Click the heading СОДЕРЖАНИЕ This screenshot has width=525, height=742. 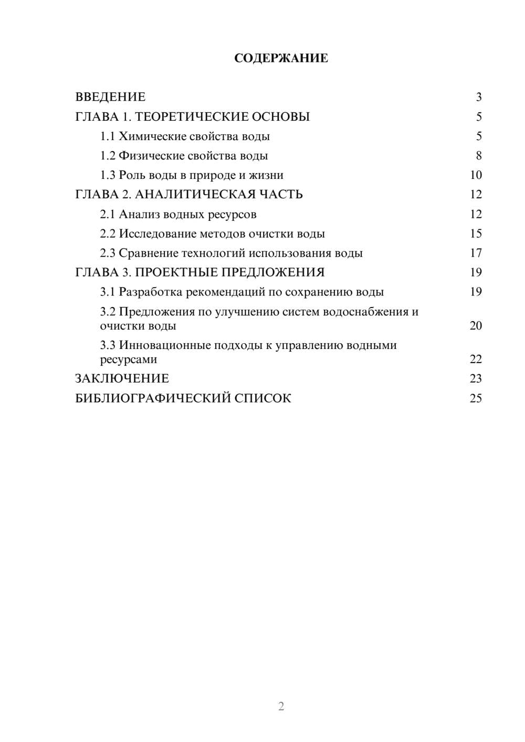pyautogui.click(x=281, y=58)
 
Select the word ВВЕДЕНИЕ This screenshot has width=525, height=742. pyautogui.click(x=110, y=97)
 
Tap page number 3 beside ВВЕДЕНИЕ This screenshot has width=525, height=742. pyautogui.click(x=478, y=97)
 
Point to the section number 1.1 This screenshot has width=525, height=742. pyautogui.click(x=107, y=136)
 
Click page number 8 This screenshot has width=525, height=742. pyautogui.click(x=478, y=156)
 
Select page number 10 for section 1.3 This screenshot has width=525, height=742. pyautogui.click(x=475, y=175)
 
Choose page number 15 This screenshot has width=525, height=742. pyautogui.click(x=475, y=234)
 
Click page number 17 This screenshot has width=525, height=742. pyautogui.click(x=475, y=253)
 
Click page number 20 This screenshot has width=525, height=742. pyautogui.click(x=475, y=325)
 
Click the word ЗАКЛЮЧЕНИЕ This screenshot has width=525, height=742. pyautogui.click(x=122, y=378)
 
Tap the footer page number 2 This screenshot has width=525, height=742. pyautogui.click(x=281, y=706)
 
